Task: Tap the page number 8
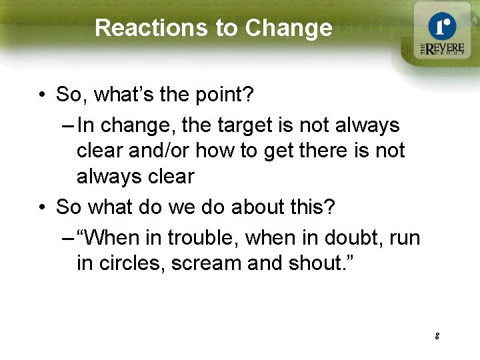pyautogui.click(x=437, y=336)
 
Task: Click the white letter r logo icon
pyautogui.click(x=442, y=27)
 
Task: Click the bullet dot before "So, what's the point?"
pyautogui.click(x=42, y=95)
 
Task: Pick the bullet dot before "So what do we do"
pyautogui.click(x=42, y=207)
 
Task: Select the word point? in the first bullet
pyautogui.click(x=222, y=95)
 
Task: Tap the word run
pyautogui.click(x=403, y=237)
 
